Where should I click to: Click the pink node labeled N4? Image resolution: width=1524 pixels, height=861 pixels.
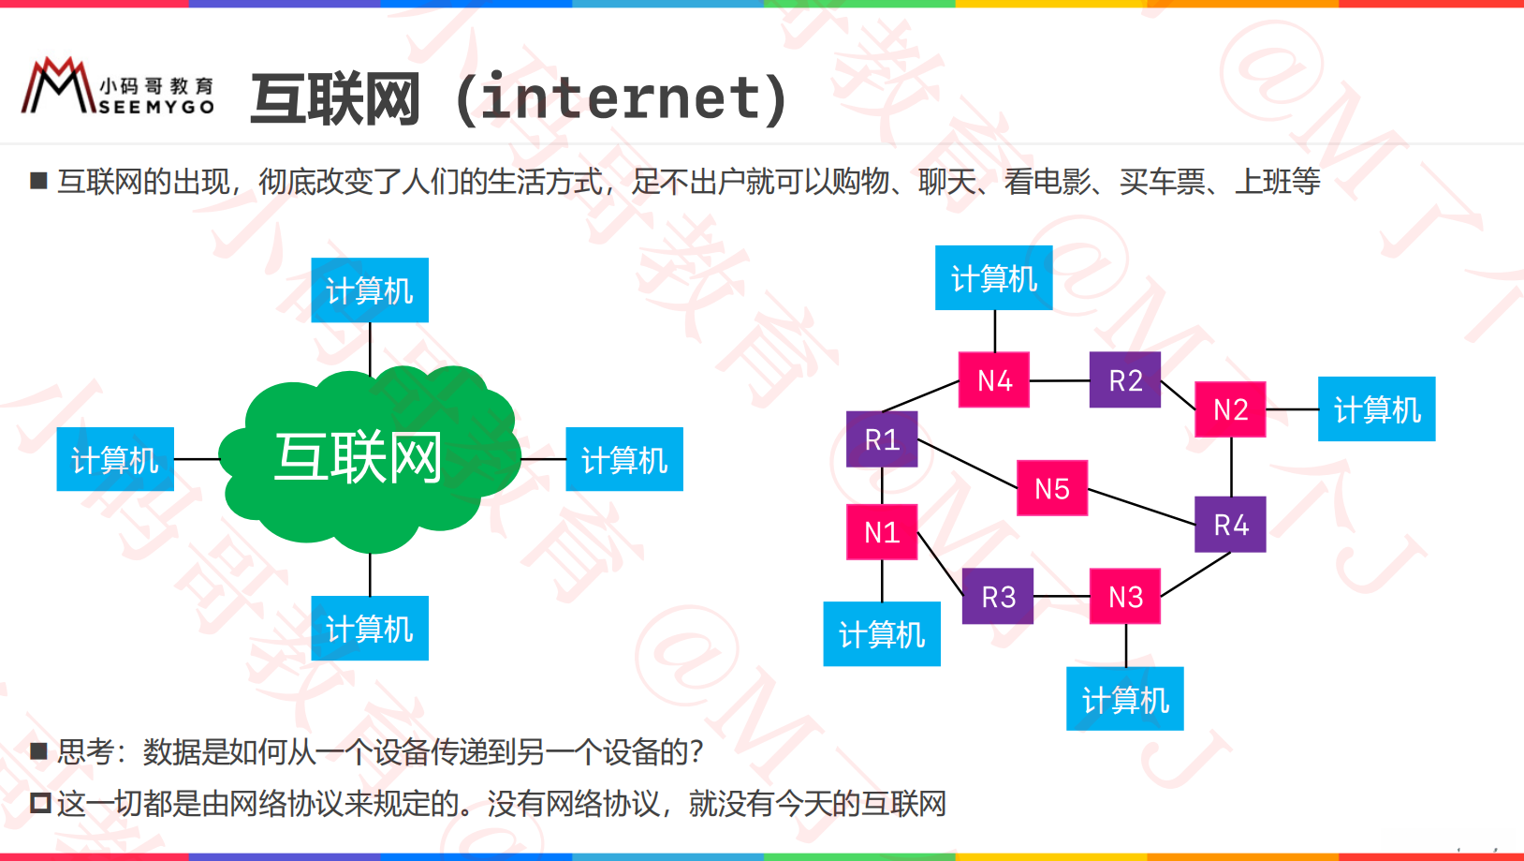tap(994, 379)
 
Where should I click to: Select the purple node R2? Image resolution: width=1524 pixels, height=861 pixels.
tap(1125, 379)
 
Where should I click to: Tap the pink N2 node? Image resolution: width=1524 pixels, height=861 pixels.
tap(1230, 409)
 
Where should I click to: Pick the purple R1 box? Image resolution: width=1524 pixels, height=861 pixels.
tap(882, 438)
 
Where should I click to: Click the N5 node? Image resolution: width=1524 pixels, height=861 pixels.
tap(1052, 488)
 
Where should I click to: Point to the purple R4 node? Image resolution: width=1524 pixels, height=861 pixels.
tap(1230, 524)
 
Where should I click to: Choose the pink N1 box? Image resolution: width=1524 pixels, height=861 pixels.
tap(882, 531)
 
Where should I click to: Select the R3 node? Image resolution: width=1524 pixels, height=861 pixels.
tap(998, 596)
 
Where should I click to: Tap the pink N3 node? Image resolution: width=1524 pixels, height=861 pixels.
tap(1125, 596)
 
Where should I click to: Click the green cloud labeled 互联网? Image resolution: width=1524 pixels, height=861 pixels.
tap(370, 459)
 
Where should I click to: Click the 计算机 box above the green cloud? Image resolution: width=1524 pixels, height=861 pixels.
tap(370, 290)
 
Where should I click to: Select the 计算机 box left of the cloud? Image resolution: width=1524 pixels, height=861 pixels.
tap(115, 459)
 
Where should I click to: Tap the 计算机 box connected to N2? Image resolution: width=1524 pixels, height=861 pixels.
tap(1376, 409)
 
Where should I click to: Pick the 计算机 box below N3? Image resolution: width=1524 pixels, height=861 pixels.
tap(1125, 699)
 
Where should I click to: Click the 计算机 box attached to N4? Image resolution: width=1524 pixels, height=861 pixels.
tap(994, 278)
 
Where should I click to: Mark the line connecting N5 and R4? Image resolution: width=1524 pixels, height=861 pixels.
tap(1142, 506)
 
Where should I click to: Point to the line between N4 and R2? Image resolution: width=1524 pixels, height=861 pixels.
tap(1060, 380)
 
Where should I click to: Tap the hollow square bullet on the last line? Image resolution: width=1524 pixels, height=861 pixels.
tap(39, 803)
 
